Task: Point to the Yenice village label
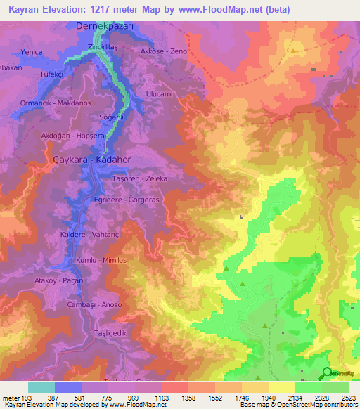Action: click(x=33, y=52)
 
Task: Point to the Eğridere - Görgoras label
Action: click(x=129, y=199)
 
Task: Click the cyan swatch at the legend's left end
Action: click(x=41, y=387)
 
